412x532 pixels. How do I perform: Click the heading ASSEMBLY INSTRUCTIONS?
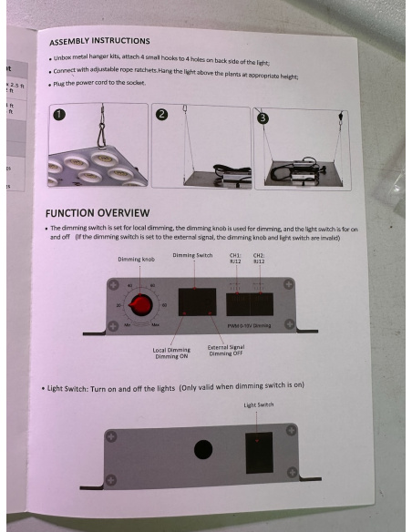[99, 41]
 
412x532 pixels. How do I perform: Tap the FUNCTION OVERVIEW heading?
[98, 212]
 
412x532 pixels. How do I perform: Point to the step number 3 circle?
[263, 118]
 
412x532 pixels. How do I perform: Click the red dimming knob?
[141, 305]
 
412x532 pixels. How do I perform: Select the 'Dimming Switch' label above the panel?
[191, 256]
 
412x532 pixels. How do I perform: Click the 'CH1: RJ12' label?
[235, 258]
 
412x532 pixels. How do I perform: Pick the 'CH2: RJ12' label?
[259, 258]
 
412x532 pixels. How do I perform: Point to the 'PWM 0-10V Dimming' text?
[249, 323]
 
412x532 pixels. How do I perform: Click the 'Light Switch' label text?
[259, 404]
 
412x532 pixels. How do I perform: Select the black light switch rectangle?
[259, 453]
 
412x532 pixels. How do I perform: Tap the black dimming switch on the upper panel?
[197, 302]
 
